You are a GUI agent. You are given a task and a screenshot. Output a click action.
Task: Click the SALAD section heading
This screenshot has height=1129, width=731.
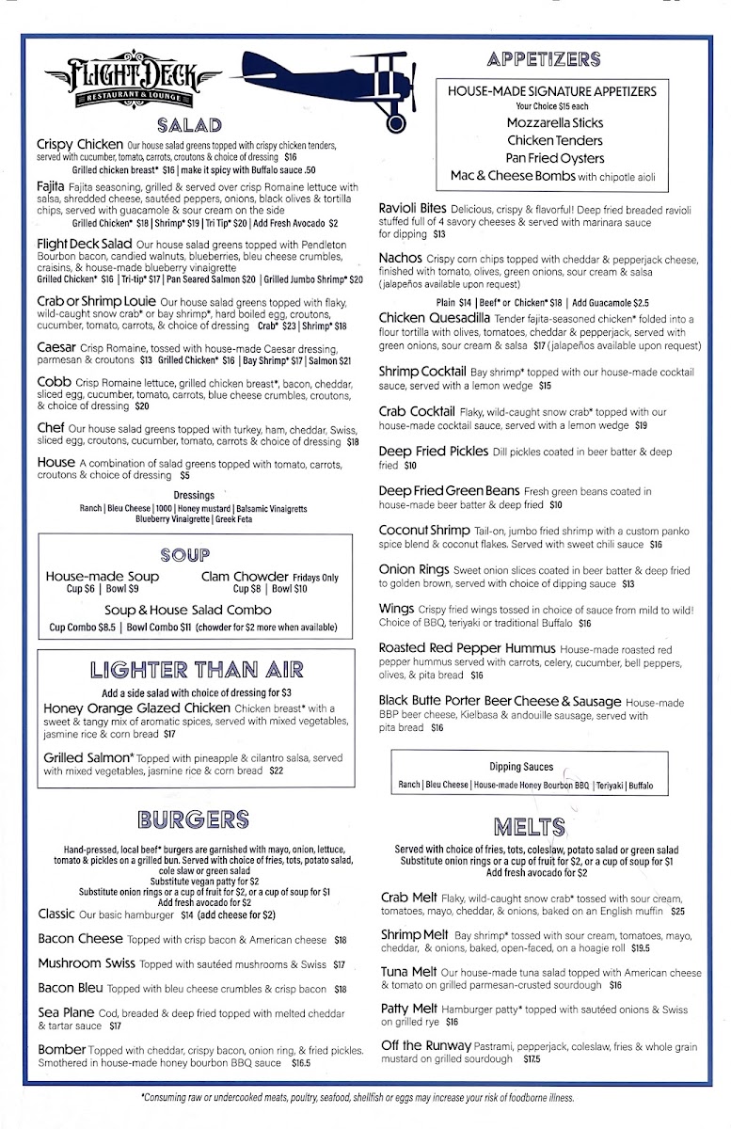click(189, 125)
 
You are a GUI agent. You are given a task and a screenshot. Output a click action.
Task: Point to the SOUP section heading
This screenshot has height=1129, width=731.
click(185, 556)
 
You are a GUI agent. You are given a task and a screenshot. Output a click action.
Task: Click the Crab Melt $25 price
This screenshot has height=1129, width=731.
click(677, 911)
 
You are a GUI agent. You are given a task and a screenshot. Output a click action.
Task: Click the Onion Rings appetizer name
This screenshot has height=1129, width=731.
click(413, 570)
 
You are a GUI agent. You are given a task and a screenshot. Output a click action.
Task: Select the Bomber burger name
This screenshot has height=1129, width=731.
click(62, 1049)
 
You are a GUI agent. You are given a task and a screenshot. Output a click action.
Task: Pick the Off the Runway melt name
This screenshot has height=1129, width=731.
click(426, 1045)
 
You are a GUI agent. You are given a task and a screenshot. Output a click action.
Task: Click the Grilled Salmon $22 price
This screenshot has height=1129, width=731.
click(276, 771)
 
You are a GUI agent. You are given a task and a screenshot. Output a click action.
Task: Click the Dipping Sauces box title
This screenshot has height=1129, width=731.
click(520, 766)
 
